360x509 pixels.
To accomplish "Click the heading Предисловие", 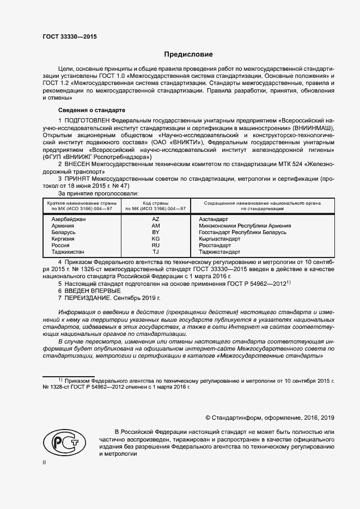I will (189, 54).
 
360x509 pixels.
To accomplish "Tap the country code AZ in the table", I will (156, 219).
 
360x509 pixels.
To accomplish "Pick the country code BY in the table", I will (156, 232).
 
